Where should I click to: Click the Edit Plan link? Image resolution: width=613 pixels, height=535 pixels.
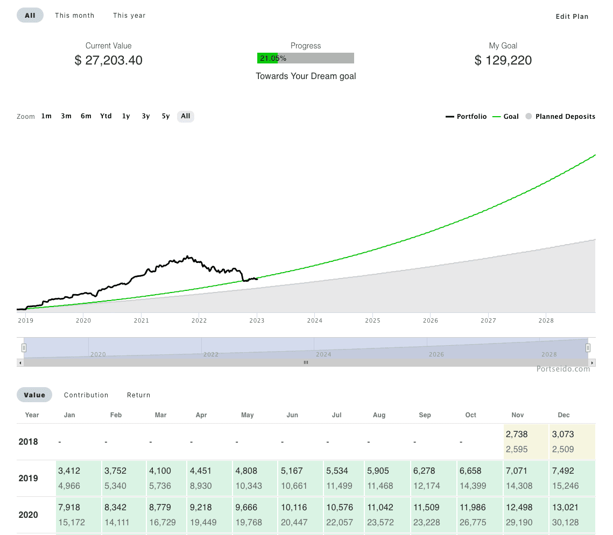pyautogui.click(x=572, y=17)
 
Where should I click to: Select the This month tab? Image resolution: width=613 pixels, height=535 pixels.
pyautogui.click(x=74, y=16)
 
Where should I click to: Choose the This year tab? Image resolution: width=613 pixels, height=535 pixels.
pyautogui.click(x=129, y=16)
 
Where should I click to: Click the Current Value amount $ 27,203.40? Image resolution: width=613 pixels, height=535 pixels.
pyautogui.click(x=109, y=60)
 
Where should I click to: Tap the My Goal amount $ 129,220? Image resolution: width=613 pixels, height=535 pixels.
pyautogui.click(x=503, y=60)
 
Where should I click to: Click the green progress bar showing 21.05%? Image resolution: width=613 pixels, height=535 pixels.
pyautogui.click(x=267, y=58)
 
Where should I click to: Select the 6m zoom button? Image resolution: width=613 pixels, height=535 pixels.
pyautogui.click(x=86, y=116)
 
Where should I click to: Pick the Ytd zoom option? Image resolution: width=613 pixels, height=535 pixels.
pyautogui.click(x=106, y=116)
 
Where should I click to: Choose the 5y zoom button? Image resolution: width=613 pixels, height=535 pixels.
pyautogui.click(x=166, y=116)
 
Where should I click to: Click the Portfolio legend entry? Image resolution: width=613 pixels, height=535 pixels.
pyautogui.click(x=467, y=117)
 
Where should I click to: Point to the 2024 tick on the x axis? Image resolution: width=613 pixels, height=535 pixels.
pyautogui.click(x=314, y=321)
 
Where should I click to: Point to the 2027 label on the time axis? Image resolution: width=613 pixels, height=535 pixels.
pyautogui.click(x=488, y=321)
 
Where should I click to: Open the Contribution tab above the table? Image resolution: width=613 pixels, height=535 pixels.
pyautogui.click(x=86, y=395)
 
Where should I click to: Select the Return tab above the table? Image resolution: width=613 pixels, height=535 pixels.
pyautogui.click(x=138, y=395)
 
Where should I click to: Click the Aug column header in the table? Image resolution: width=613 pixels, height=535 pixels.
pyautogui.click(x=379, y=415)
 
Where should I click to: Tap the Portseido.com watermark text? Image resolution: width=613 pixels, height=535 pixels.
pyautogui.click(x=563, y=369)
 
